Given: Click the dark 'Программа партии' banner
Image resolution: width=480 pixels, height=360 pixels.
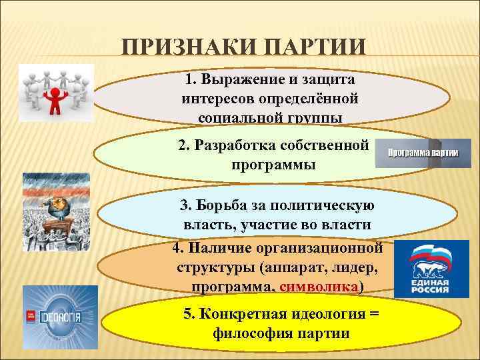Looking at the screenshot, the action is tap(423, 153).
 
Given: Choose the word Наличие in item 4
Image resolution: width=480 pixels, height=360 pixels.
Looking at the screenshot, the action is tap(222, 248).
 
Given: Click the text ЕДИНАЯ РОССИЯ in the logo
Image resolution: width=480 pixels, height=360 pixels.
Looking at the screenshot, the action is tap(431, 289).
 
